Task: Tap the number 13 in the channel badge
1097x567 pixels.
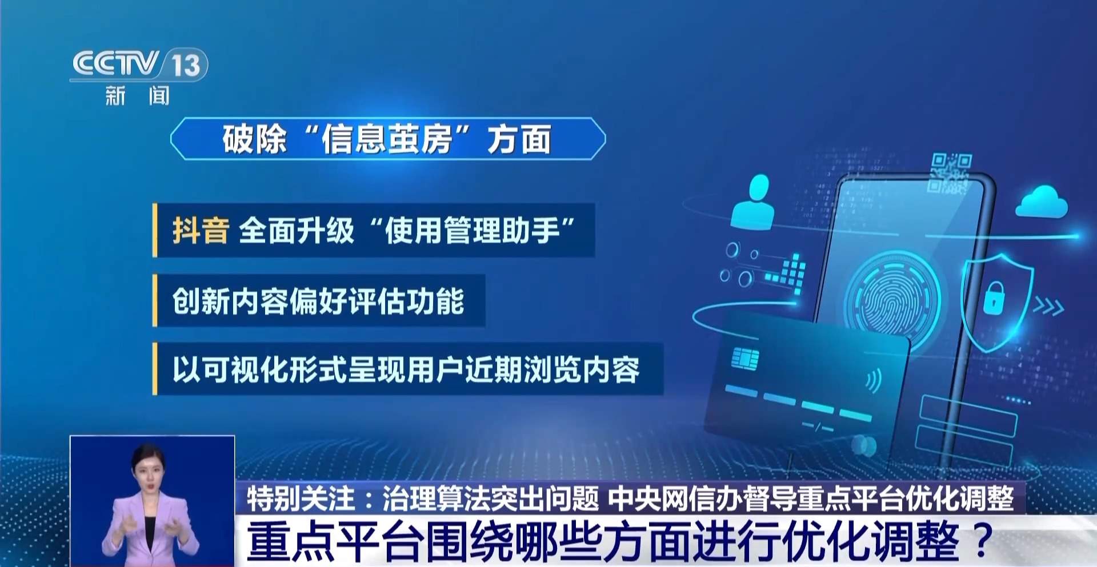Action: tap(186, 65)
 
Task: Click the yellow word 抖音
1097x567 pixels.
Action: tap(201, 231)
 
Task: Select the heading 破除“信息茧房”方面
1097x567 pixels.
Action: tap(387, 139)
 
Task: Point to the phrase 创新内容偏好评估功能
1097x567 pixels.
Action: tap(318, 301)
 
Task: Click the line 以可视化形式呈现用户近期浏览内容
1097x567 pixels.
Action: tap(406, 369)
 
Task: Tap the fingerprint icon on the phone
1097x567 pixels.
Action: tap(892, 296)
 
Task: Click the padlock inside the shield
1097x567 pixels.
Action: tap(994, 297)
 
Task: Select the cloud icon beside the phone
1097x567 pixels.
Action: tap(1041, 202)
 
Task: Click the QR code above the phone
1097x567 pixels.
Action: tap(950, 172)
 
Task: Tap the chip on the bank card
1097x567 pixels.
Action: tap(745, 359)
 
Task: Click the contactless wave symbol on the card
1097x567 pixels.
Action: tap(873, 380)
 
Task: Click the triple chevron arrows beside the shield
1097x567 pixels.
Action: tap(1048, 307)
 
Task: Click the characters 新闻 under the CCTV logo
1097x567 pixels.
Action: tap(138, 95)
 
